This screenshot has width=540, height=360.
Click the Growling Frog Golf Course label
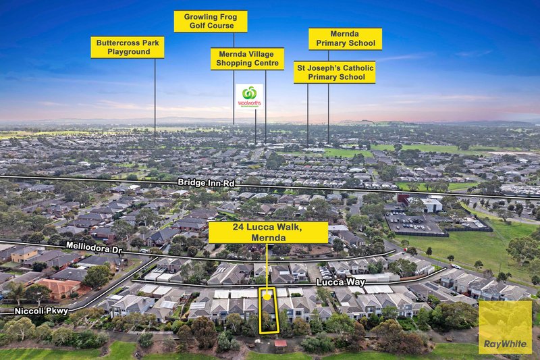[x=211, y=22]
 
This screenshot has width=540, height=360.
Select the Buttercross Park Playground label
[x=128, y=47]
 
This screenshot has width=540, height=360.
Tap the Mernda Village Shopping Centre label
[x=247, y=59]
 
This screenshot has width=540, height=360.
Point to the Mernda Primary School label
[x=346, y=39]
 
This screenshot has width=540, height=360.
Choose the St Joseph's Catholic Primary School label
[x=335, y=72]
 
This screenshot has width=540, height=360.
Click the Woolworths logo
[x=249, y=97]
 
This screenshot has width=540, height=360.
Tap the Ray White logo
[x=505, y=328]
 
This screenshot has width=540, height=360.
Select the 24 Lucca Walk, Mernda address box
[x=268, y=232]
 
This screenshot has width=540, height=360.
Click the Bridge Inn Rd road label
[x=206, y=182]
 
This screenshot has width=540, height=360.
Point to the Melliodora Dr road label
[x=94, y=248]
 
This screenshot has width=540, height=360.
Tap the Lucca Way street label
[x=340, y=282]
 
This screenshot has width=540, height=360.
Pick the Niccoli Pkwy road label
[x=41, y=311]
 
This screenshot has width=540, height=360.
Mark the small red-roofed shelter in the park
[x=281, y=344]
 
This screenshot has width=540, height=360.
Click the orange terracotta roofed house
[x=59, y=288]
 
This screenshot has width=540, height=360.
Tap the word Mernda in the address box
[x=268, y=238]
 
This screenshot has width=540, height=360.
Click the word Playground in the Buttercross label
[x=128, y=52]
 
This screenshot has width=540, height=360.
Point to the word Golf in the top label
[x=197, y=26]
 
